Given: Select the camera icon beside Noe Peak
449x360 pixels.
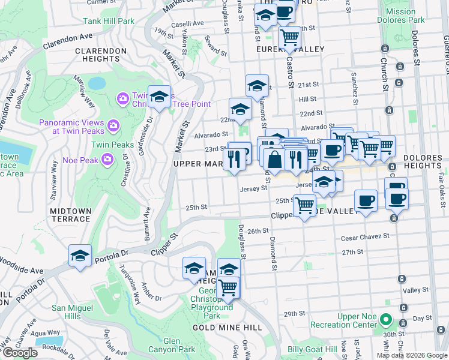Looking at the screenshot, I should pos(107,159).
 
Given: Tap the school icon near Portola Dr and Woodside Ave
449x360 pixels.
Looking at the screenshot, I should pos(80,255).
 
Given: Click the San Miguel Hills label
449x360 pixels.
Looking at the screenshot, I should pos(74,312).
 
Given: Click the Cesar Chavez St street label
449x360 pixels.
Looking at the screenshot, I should pos(365,237).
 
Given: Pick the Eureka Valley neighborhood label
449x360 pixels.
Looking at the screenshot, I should pos(290,49).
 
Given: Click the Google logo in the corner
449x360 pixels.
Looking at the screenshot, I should pos(20,353).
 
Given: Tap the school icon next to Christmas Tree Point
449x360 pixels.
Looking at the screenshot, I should pos(159,97).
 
